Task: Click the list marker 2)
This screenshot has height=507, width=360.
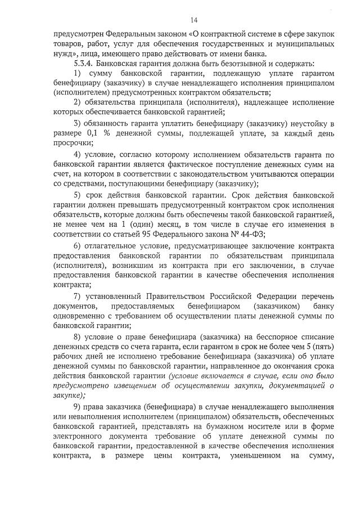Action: coord(78,102)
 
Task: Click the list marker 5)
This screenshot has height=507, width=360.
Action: coord(78,195)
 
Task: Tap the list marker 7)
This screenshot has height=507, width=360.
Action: coord(78,297)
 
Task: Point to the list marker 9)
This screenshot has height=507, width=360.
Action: coord(78,408)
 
